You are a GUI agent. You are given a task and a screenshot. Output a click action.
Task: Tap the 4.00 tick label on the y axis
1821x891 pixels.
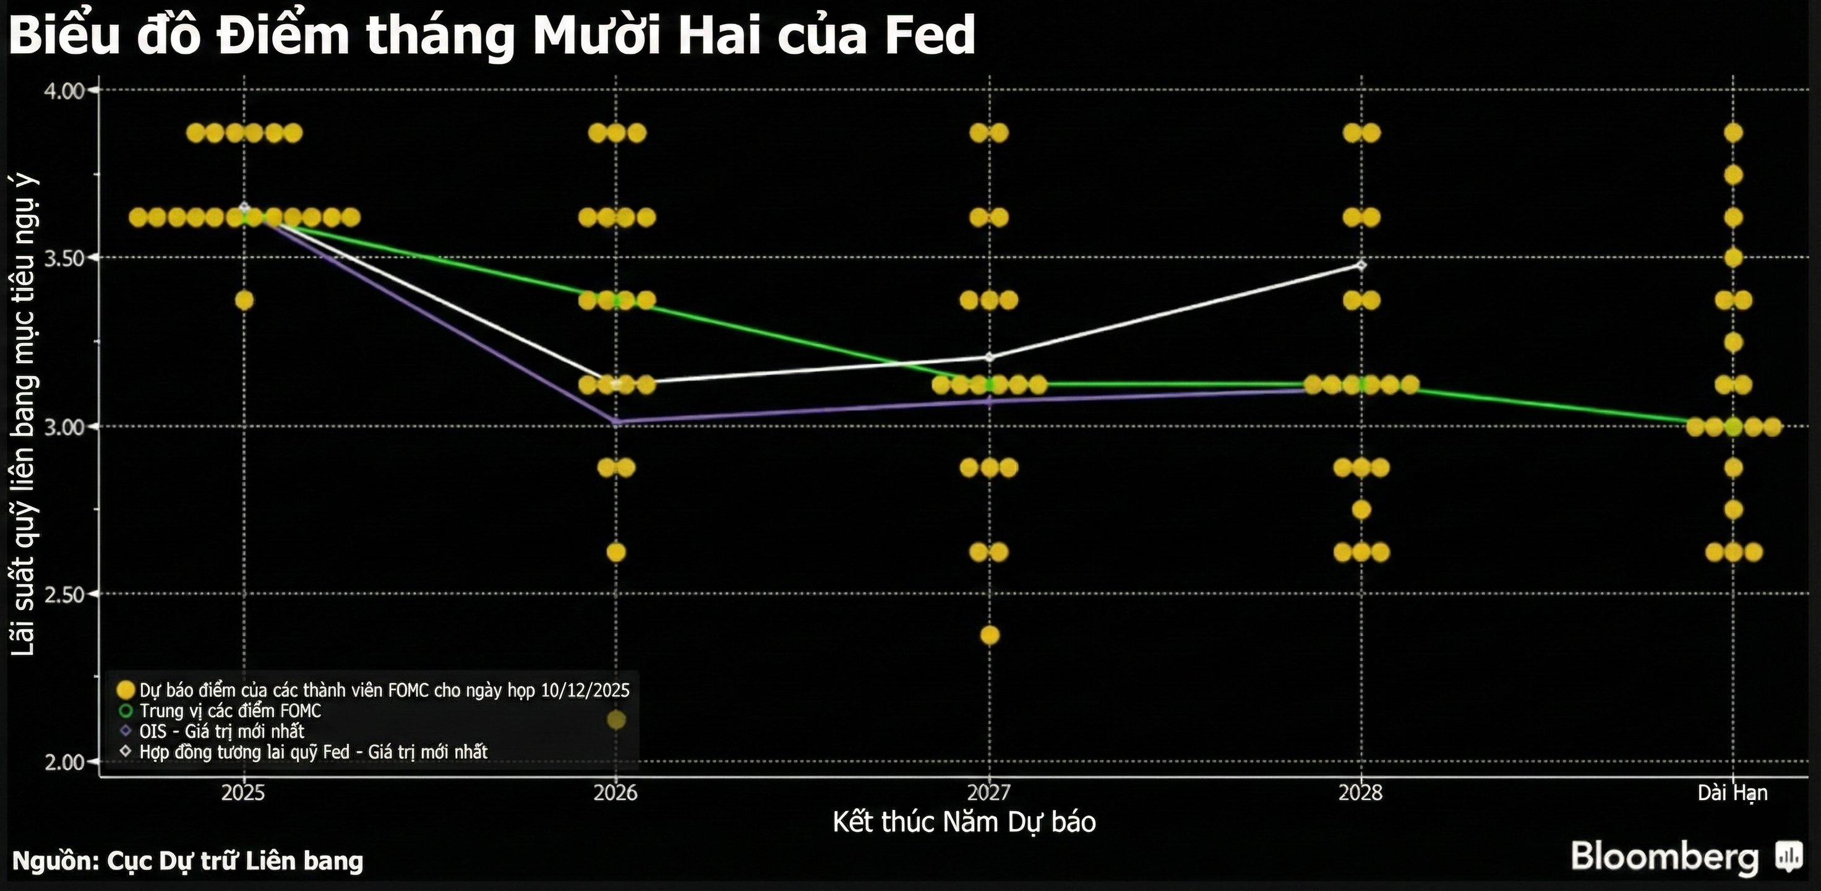point(64,90)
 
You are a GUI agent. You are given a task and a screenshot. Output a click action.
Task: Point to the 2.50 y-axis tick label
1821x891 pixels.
point(64,594)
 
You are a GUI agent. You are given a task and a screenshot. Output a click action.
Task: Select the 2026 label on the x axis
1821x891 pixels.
point(615,793)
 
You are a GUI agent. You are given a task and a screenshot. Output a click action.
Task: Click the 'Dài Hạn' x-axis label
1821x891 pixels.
point(1732,793)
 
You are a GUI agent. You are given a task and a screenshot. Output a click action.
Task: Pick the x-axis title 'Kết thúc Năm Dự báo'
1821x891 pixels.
point(964,822)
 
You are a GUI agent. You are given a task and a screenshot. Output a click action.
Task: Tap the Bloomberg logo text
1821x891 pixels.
point(1665,856)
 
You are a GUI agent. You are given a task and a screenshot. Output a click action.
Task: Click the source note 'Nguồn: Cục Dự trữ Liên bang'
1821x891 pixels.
point(188,861)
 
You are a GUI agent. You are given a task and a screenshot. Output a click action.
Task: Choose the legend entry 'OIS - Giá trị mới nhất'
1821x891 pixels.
point(221,731)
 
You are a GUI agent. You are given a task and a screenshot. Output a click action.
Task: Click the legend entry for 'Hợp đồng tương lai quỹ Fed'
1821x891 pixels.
point(313,752)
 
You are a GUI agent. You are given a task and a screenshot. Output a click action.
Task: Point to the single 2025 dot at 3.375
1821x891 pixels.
point(244,301)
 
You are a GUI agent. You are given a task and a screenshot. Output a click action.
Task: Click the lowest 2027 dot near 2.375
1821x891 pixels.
point(990,635)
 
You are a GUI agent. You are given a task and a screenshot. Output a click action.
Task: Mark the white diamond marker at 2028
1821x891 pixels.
point(1361,265)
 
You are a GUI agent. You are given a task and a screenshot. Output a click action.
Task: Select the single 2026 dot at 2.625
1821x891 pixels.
point(615,551)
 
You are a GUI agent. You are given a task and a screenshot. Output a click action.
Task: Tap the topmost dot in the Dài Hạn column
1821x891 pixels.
point(1733,133)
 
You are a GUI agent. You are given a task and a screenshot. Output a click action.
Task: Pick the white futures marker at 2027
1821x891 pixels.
point(990,356)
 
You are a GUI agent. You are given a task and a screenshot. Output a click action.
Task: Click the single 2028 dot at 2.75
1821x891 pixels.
point(1361,510)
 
